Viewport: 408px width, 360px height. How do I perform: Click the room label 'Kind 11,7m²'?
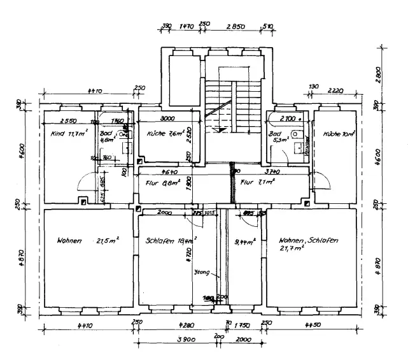point(69,134)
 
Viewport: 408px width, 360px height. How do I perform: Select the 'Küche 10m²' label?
point(338,134)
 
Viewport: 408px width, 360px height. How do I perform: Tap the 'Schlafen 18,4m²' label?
point(171,241)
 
